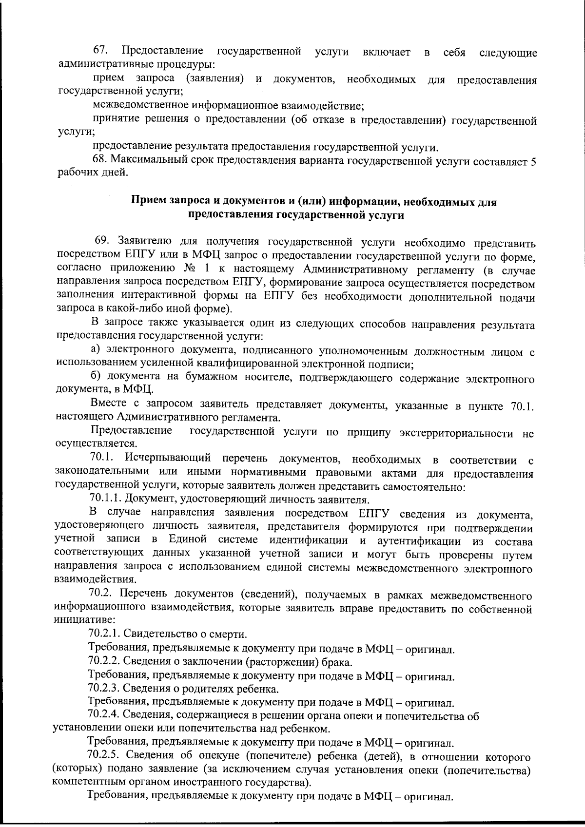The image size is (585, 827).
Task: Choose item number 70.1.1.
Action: pyautogui.click(x=105, y=499)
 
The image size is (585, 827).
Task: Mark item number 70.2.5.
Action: pyautogui.click(x=104, y=756)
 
